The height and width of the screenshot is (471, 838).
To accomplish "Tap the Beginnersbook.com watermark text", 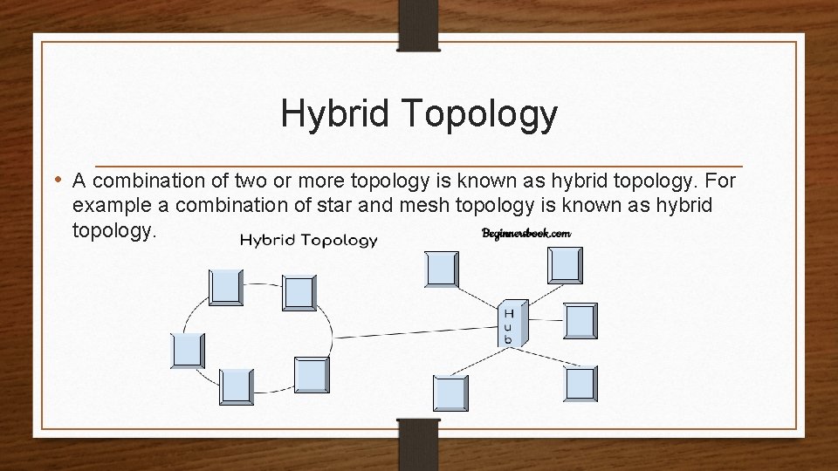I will [525, 233].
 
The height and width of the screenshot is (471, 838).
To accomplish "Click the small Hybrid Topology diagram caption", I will [308, 240].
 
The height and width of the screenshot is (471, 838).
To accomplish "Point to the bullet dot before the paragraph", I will [58, 181].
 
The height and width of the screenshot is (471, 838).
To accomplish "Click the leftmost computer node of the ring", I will [187, 351].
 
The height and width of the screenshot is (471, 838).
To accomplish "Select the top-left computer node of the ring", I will [226, 287].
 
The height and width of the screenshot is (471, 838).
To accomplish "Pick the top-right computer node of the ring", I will [299, 293].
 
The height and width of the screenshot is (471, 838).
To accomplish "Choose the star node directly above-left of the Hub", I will [440, 268].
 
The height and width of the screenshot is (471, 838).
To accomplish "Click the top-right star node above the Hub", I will [565, 265].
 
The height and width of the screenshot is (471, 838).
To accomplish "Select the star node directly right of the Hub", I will [580, 320].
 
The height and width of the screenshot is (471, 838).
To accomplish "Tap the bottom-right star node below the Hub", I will [580, 384].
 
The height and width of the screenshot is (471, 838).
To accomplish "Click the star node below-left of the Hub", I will [450, 392].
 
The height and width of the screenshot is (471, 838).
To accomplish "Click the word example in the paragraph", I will [109, 204].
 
